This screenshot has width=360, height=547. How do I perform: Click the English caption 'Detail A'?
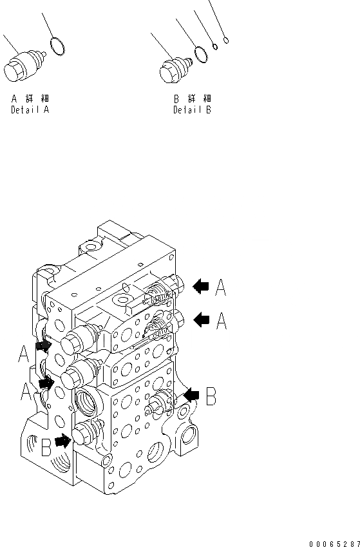pos(30,110)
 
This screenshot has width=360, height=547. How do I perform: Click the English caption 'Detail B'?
pos(192,110)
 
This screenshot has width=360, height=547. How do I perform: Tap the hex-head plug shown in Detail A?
pos(24,67)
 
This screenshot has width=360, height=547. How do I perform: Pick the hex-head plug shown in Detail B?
pos(173,66)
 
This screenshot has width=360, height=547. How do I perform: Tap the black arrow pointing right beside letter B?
pos(63,442)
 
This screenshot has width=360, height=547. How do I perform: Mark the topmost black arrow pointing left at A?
pos(200,285)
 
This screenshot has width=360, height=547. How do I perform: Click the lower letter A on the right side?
pos(222,320)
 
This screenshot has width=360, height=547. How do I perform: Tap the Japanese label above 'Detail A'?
pos(30,99)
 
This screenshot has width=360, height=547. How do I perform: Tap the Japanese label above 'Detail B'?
pos(192,99)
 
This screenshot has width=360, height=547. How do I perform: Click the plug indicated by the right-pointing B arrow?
pos(84,435)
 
